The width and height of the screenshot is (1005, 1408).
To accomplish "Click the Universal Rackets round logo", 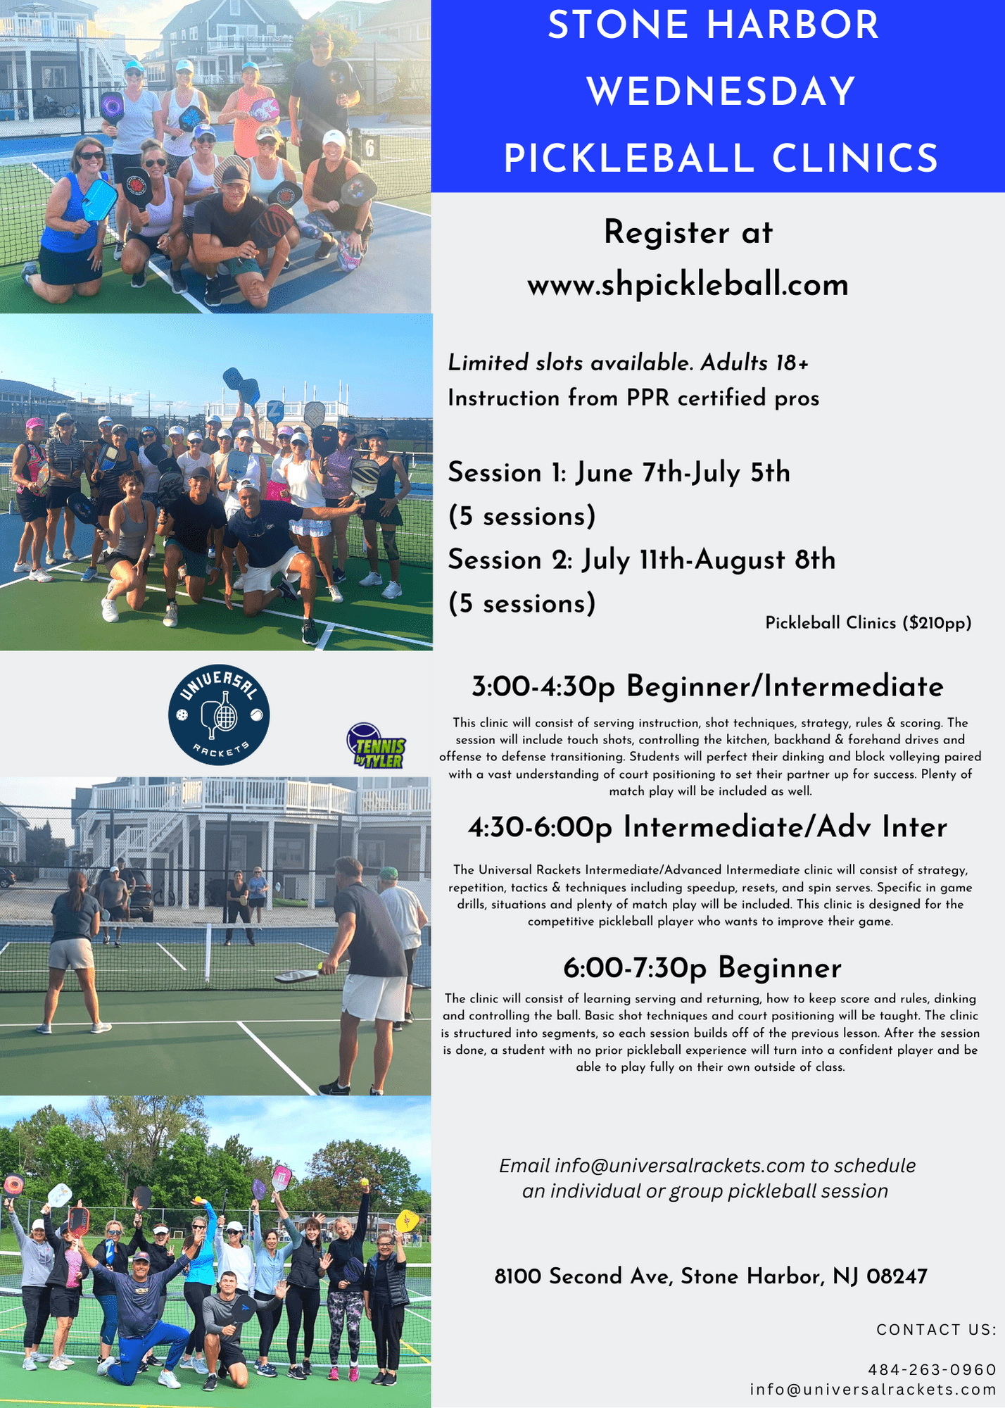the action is click(219, 715).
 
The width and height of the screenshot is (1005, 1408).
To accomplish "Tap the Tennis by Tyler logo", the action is click(376, 746).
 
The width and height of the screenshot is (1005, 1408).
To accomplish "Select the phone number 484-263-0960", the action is click(933, 1369).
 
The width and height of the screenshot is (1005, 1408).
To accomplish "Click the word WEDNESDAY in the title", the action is click(721, 92).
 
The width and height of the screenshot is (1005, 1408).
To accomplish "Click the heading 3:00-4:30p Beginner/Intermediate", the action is click(707, 686).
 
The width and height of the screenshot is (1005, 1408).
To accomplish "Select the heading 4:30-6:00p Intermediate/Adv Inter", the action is click(707, 827).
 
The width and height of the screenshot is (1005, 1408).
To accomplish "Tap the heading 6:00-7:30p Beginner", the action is click(702, 968).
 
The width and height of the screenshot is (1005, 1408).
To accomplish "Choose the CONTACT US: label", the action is click(937, 1330).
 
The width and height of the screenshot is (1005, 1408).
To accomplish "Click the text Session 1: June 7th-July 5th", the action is click(619, 472).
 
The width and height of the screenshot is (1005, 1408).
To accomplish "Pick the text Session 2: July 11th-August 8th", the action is click(642, 560).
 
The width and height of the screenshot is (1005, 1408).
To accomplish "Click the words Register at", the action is click(688, 232).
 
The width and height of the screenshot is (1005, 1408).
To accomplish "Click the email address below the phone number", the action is click(873, 1390).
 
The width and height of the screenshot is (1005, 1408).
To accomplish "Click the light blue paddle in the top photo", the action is click(99, 200).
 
